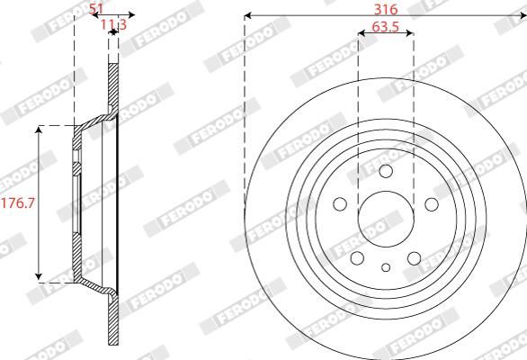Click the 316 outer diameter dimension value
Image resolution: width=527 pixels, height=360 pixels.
point(385,8)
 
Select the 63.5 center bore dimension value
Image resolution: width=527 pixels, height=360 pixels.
point(385,26)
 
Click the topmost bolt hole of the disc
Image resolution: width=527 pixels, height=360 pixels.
point(385,172)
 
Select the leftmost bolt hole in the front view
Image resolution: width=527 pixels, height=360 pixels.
point(342,203)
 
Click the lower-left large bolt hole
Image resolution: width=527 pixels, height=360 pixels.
point(358,257)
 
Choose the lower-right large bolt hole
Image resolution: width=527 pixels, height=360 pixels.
point(413,257)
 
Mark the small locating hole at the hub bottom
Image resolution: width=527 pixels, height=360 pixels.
point(385,266)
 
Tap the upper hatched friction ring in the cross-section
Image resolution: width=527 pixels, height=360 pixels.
point(113,86)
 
